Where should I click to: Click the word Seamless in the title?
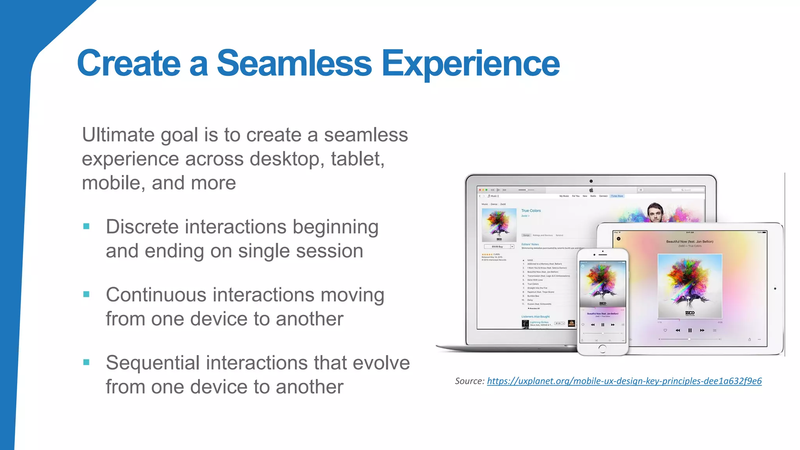tap(294, 63)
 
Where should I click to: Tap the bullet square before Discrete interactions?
tap(87, 226)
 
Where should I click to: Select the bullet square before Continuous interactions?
tap(87, 294)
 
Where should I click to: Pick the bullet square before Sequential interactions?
tap(87, 362)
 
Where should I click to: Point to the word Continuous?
tap(155, 295)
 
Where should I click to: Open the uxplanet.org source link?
tap(624, 381)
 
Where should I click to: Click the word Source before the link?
tap(469, 381)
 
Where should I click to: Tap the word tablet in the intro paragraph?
tap(357, 159)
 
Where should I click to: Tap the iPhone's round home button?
tap(602, 348)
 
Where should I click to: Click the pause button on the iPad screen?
tap(690, 330)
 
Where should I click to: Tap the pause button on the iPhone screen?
tap(603, 325)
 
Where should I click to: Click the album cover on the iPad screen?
tap(690, 286)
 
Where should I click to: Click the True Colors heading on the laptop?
tap(531, 211)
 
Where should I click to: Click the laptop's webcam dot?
tap(591, 181)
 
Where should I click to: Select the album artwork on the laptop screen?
tap(499, 225)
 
